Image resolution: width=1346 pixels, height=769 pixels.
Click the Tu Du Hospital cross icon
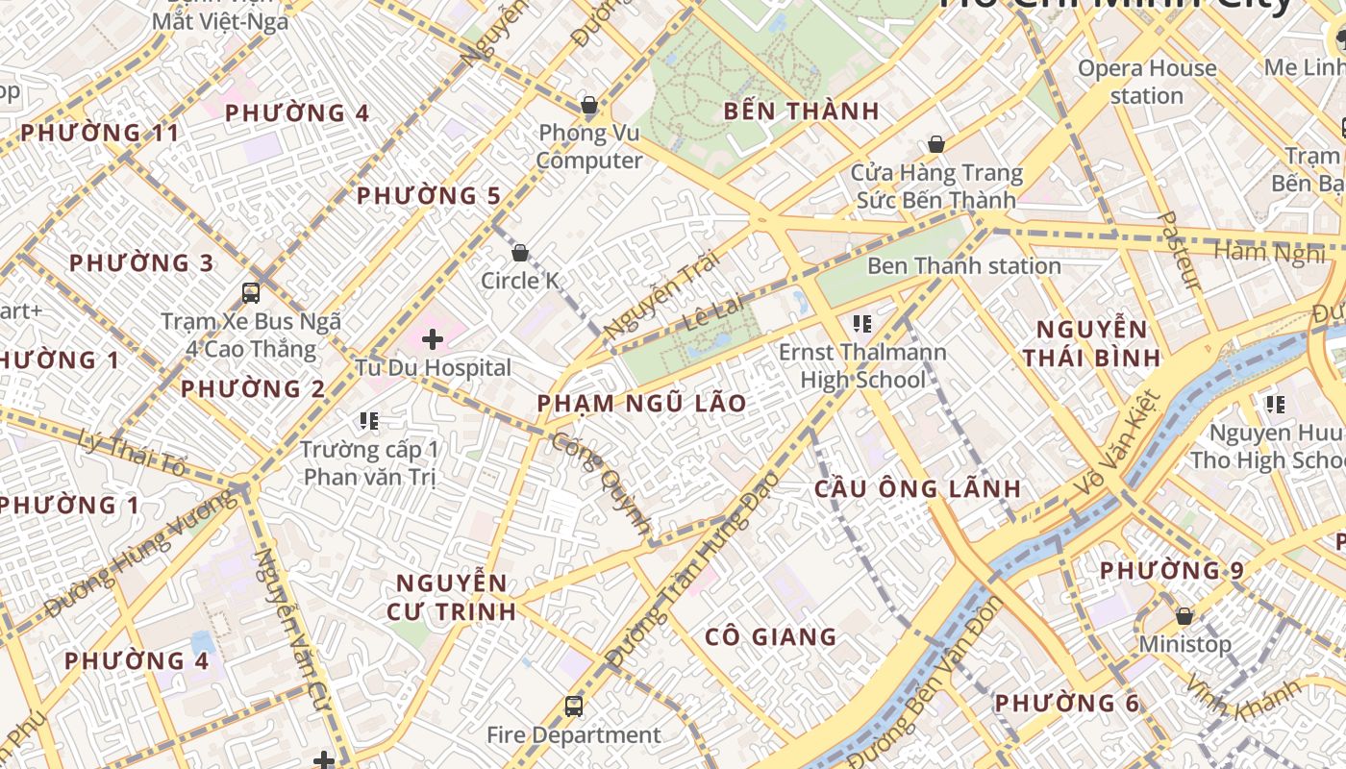point(433,338)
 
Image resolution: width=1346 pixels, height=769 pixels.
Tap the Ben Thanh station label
point(963,266)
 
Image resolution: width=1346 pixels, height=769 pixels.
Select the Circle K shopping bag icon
point(520,253)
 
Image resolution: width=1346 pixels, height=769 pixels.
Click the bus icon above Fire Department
point(574,707)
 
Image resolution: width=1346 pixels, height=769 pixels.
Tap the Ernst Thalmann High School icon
point(861,324)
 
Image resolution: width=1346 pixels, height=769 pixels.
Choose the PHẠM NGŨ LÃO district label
point(641,404)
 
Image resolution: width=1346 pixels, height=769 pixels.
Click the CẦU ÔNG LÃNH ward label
point(917,488)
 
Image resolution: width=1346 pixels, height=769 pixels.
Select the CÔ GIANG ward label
point(770,636)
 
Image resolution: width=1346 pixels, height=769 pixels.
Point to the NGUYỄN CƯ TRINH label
point(452,597)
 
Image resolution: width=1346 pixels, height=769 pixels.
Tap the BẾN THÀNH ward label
point(801,112)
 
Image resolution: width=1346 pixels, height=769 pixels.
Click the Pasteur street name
point(1180,251)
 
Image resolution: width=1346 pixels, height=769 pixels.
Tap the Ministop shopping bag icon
point(1184,615)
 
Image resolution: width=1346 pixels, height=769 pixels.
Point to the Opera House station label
point(1146,82)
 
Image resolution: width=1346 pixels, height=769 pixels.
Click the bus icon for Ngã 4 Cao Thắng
point(251,293)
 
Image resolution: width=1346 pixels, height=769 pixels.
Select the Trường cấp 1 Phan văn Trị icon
point(368,420)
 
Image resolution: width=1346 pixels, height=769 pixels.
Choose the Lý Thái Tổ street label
point(133,453)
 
